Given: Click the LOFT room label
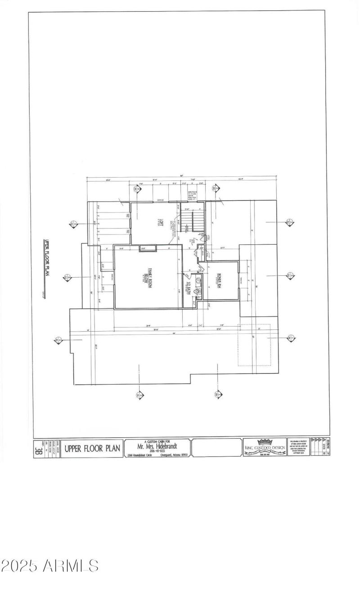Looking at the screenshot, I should pos(159,224).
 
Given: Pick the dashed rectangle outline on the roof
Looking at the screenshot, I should pos(254,345).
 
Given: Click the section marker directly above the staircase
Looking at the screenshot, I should pos(216,188).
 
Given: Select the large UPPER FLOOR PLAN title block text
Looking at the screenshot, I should pos(92,448).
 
